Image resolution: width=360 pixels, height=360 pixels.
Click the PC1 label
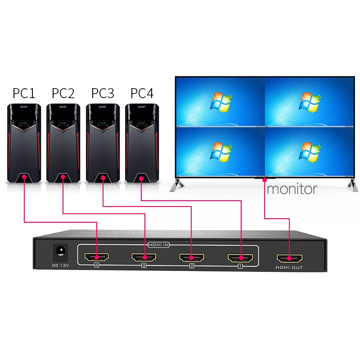tap(24, 93)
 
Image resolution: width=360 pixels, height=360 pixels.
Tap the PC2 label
tap(63, 93)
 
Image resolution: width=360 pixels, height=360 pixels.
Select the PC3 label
tap(103, 93)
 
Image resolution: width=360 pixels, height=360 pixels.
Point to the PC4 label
tap(142, 93)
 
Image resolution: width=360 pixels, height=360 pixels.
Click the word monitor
tap(292, 188)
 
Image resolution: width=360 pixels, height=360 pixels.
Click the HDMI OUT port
tap(289, 258)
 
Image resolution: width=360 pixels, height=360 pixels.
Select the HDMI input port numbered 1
tap(240, 258)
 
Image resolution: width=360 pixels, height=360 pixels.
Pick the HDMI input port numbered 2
tap(192, 258)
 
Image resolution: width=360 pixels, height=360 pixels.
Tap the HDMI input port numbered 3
tap(144, 258)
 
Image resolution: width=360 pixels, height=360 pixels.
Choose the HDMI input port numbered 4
tap(96, 258)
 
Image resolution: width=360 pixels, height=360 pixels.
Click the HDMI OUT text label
tap(289, 268)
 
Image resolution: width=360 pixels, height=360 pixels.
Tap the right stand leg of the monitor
tap(347, 183)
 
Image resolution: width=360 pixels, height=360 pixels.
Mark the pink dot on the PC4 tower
tap(141, 179)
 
